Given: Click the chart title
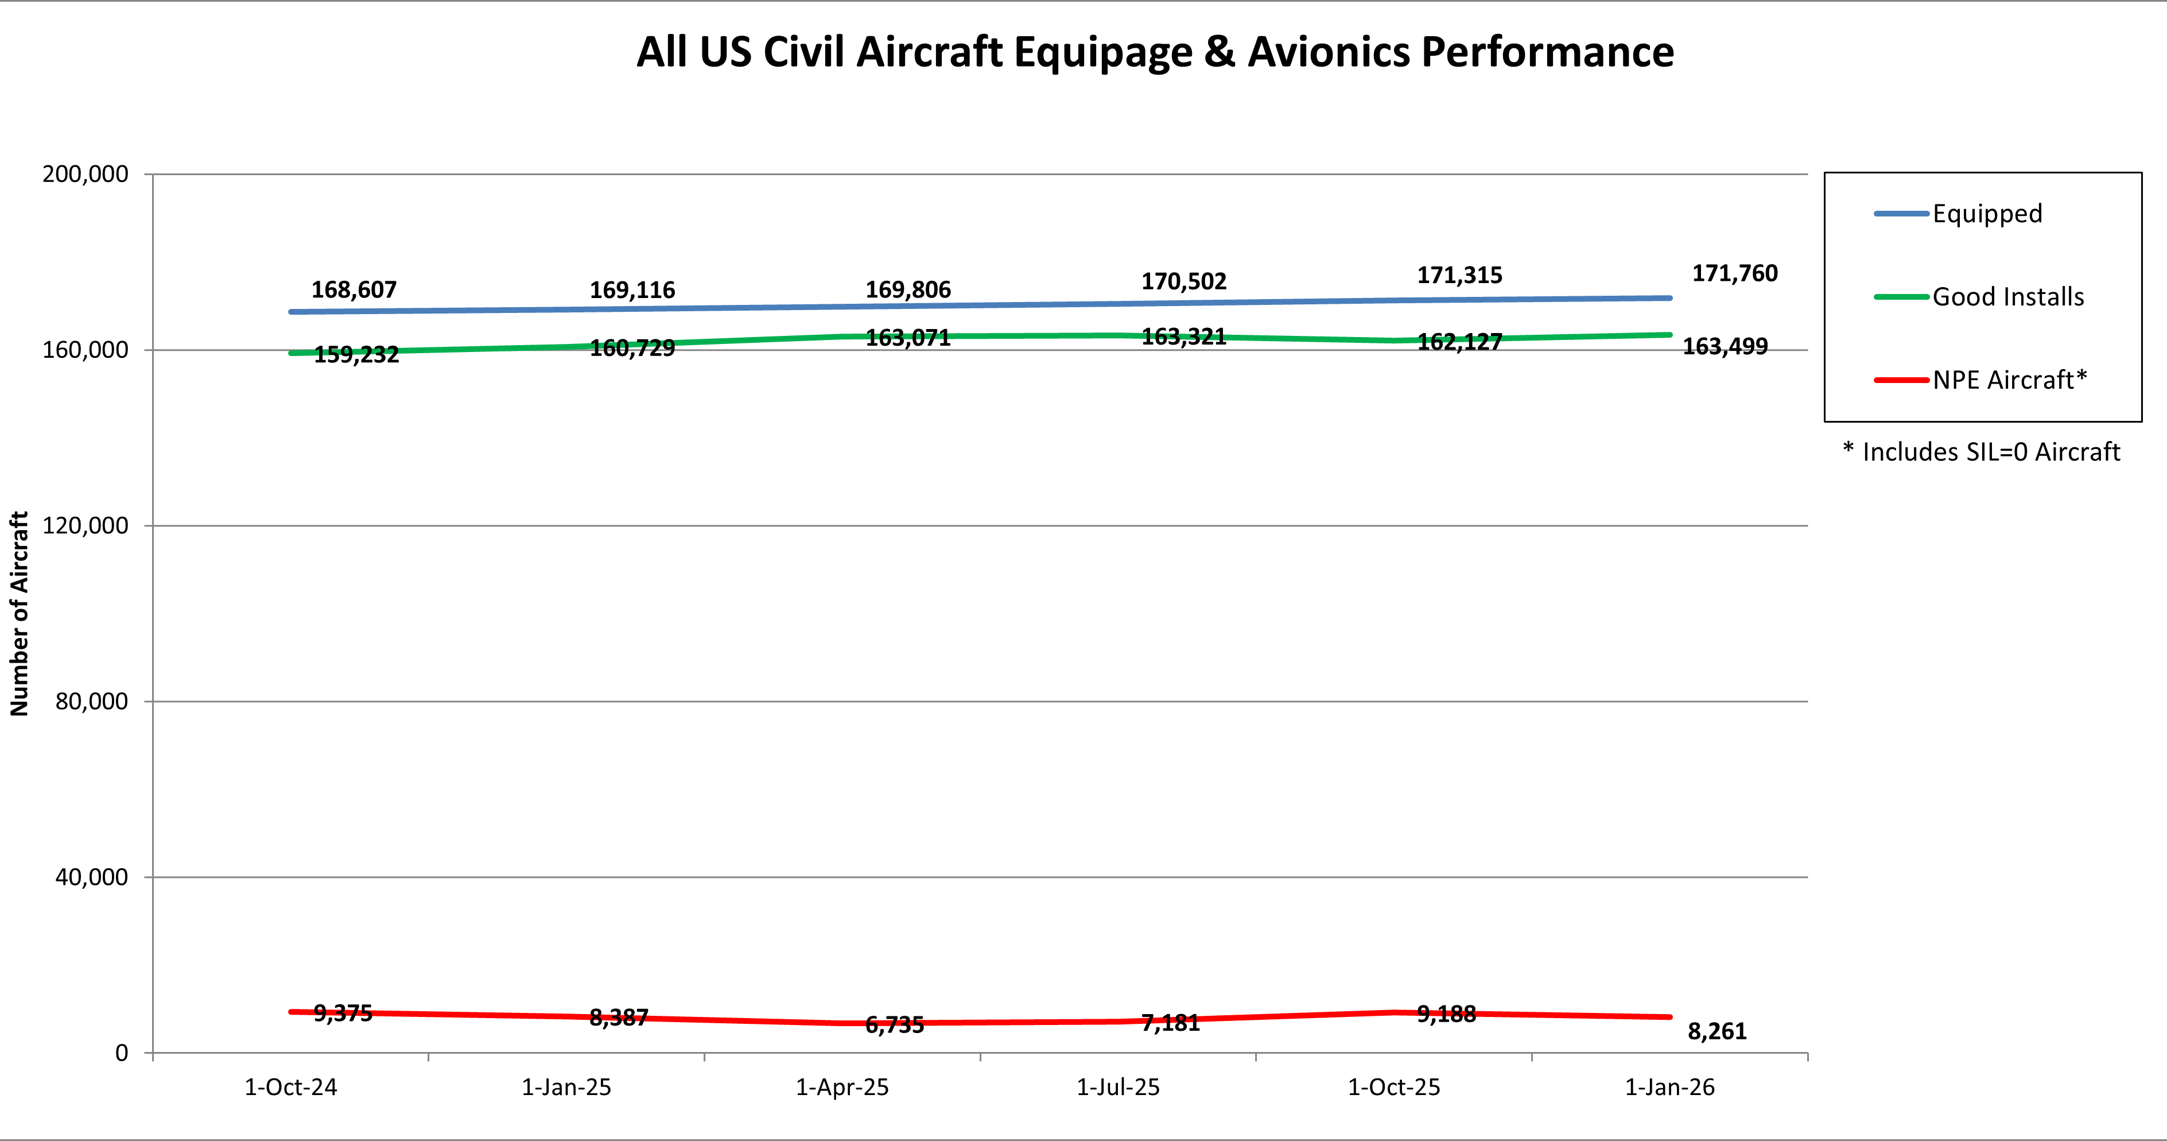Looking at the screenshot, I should point(1154,52).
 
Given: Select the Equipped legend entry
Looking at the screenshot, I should point(1986,214).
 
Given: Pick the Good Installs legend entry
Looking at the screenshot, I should point(2007,297).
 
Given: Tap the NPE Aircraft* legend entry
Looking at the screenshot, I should point(2009,380).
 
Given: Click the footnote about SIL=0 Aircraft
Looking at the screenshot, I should point(1981,452).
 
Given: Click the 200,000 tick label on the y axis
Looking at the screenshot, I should point(85,174).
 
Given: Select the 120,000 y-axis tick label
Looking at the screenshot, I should point(85,526).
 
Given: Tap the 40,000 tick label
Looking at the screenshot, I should point(91,877).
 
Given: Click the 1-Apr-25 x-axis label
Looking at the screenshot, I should point(842,1087).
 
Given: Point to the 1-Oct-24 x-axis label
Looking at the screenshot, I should point(290,1087).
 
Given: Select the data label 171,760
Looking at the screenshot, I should point(1735,273).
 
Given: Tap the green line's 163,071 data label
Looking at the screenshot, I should point(908,338).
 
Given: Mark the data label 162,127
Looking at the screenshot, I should point(1459,342).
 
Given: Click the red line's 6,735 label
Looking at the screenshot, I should point(894,1025).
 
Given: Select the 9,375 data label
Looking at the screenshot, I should point(343,1013).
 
